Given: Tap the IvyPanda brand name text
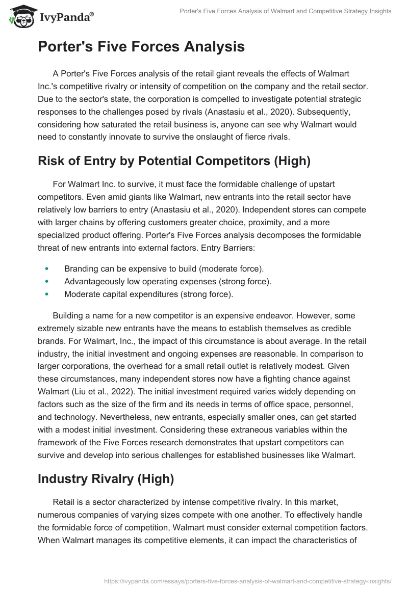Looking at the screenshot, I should click(x=65, y=17).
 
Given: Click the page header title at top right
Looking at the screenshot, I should click(x=286, y=11).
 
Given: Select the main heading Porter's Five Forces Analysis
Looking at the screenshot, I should click(x=141, y=47).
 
